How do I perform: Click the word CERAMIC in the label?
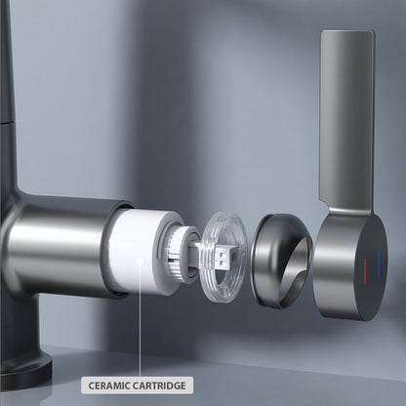[x=112, y=385]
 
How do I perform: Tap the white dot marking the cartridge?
[x=141, y=261]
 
